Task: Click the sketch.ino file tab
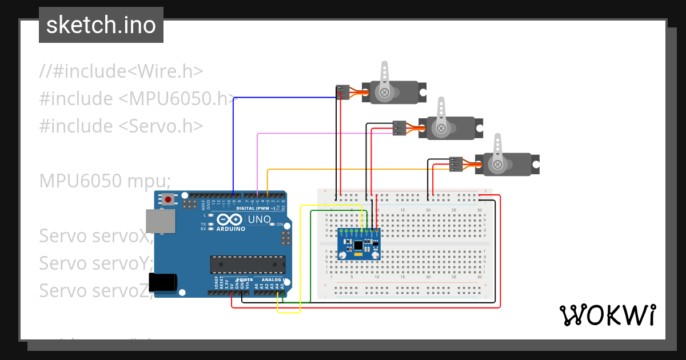[101, 25]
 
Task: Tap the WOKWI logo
[607, 315]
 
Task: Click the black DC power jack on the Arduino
[162, 283]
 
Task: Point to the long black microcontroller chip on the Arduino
[247, 265]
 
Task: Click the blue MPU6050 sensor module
[358, 245]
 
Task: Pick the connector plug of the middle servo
[399, 128]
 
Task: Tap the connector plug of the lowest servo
[456, 164]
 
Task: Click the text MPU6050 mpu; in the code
[105, 181]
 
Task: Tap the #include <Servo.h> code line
[121, 126]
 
